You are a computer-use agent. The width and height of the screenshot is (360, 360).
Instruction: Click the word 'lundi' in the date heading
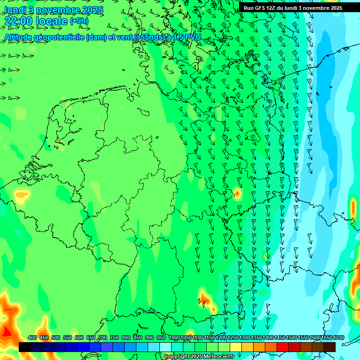click(13, 10)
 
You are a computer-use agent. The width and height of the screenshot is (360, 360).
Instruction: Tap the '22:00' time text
click(18, 21)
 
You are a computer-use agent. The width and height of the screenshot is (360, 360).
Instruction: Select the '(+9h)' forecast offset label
click(79, 21)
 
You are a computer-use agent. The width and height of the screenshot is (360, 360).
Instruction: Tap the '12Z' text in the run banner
click(271, 8)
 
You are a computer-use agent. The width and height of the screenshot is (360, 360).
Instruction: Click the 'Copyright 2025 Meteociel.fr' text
click(199, 357)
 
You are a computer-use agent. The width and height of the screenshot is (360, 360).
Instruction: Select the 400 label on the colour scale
click(32, 337)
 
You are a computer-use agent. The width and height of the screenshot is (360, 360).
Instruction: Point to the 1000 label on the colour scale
click(174, 337)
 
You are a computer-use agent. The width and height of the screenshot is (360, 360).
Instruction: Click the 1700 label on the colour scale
click(338, 337)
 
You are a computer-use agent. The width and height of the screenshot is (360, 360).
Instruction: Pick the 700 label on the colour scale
click(103, 337)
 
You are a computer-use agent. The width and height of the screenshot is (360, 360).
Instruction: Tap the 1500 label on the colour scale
click(292, 337)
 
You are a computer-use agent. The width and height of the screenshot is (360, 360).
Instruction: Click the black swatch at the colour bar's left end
click(25, 347)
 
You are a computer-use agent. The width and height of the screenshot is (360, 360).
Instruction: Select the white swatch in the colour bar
click(165, 347)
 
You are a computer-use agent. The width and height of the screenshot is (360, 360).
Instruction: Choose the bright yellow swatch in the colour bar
click(236, 347)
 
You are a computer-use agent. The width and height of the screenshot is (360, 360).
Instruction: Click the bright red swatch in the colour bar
click(283, 347)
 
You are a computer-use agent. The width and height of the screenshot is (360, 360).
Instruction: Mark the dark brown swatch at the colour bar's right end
click(330, 347)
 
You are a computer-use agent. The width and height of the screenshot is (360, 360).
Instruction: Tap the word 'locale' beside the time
click(52, 21)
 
